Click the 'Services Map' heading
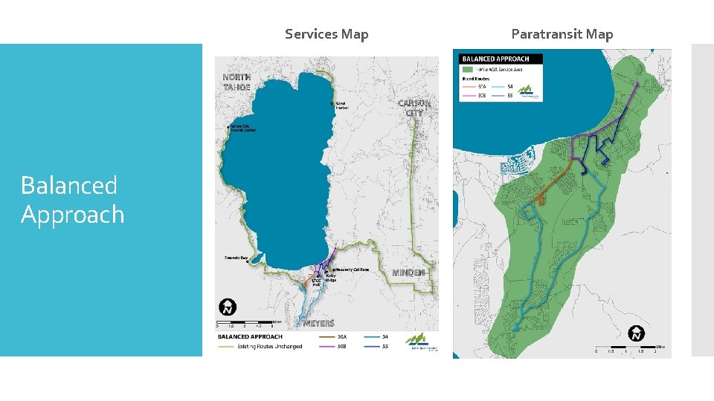coord(327,34)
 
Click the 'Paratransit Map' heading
coord(562,34)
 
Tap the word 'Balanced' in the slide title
coord(69,185)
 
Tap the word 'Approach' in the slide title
coord(72,215)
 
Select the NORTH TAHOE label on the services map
coord(237,82)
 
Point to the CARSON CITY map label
coord(414,108)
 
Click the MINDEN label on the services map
coord(408,273)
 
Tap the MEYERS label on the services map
coord(318,323)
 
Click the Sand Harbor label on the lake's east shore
coord(341,105)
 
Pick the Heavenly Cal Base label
coord(352,270)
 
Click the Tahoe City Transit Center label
coord(242,129)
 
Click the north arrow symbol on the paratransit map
coord(636,333)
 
